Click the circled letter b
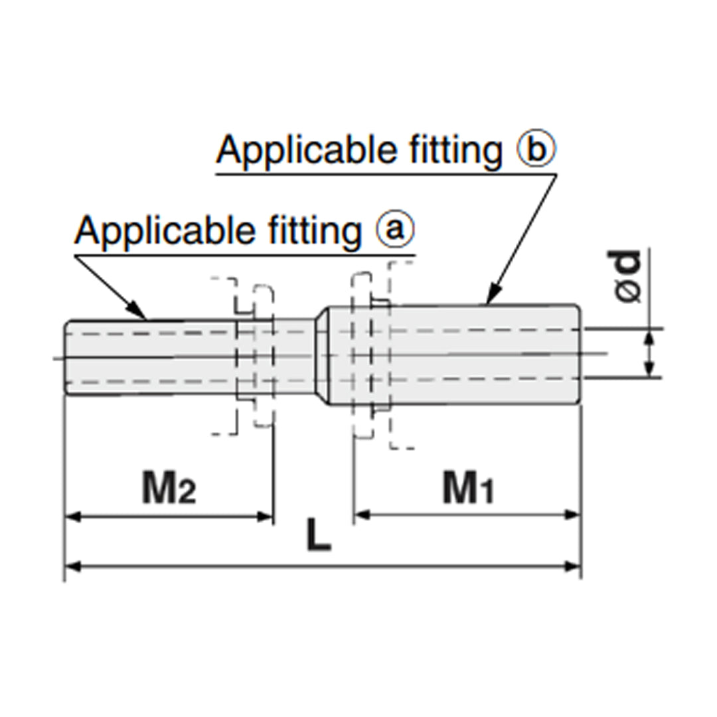coord(536,151)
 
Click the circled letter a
coord(395,230)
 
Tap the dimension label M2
coord(169,489)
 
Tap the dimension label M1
coord(469,489)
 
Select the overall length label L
coord(319,536)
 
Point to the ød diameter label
coord(627,276)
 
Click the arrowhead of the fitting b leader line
coord(491,297)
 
